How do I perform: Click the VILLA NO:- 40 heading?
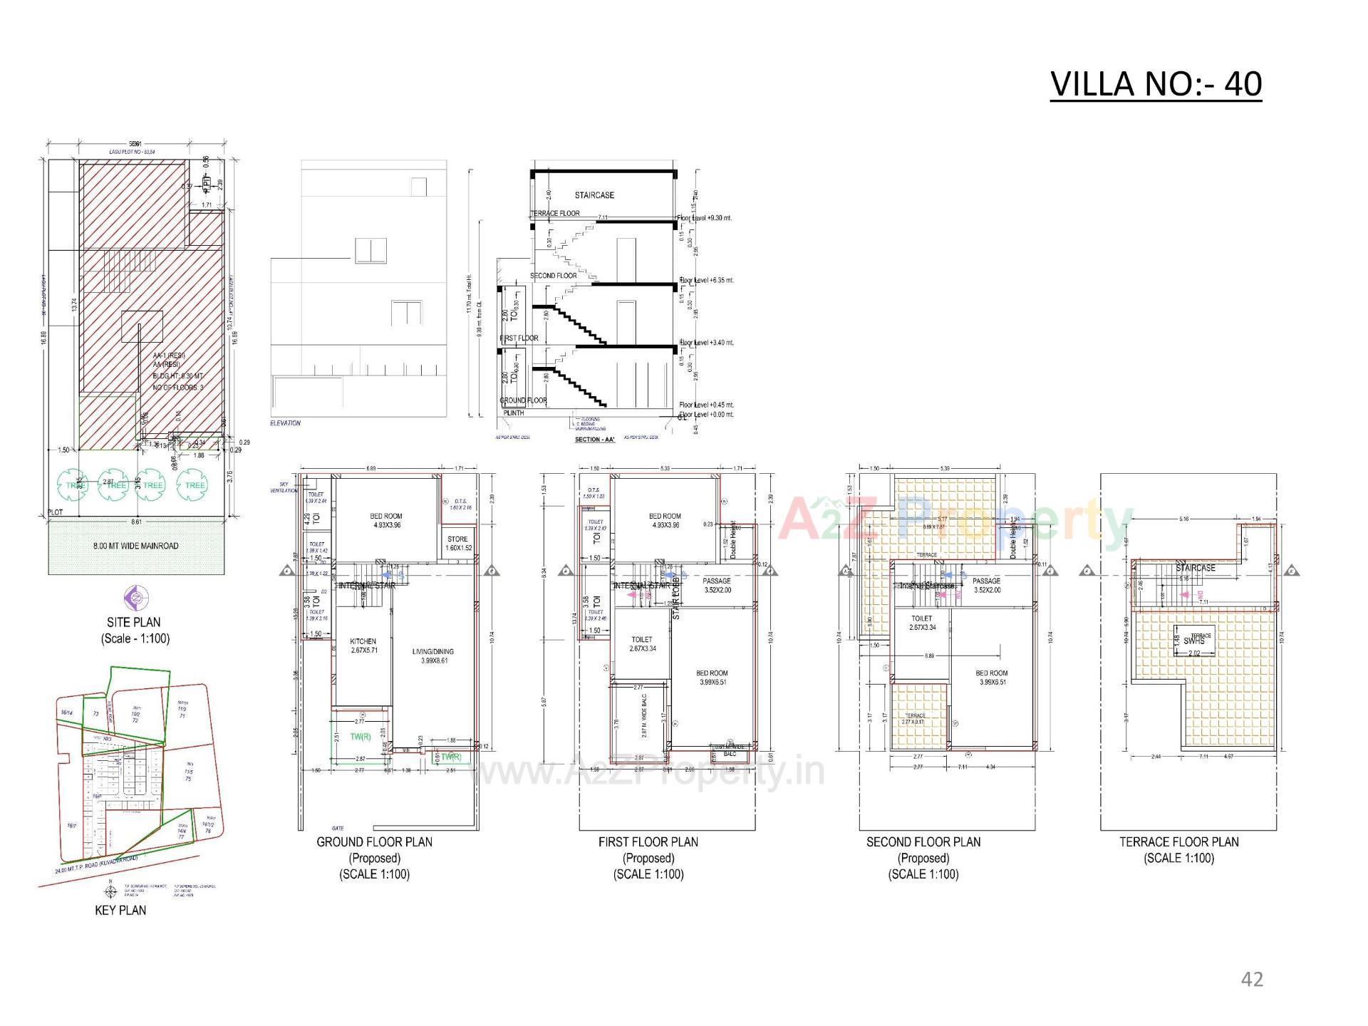click(1156, 84)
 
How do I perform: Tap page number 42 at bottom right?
click(1252, 979)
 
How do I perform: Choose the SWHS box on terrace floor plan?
click(1194, 641)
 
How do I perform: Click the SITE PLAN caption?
click(134, 622)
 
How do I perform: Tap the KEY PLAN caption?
click(120, 910)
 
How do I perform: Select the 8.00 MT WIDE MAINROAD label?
click(135, 546)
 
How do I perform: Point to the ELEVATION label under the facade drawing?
click(285, 423)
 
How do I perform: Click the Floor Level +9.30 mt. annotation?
click(705, 218)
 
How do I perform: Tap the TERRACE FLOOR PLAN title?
click(1178, 841)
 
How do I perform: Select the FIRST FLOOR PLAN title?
click(648, 841)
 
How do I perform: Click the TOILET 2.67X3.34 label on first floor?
click(642, 644)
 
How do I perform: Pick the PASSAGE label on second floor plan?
click(986, 581)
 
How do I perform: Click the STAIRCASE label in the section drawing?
click(594, 195)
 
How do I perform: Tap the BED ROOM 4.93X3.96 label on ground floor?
click(386, 520)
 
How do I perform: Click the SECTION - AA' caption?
click(594, 440)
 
